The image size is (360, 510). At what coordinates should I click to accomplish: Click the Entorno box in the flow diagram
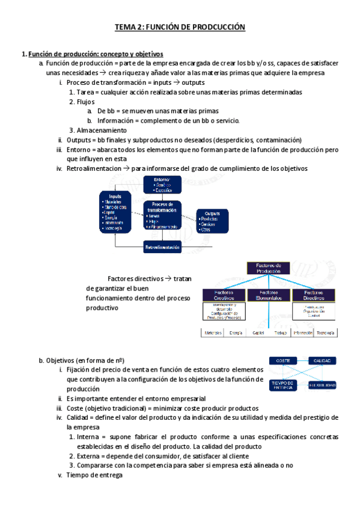pos(162,185)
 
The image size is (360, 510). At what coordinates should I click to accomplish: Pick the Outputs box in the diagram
pos(212,221)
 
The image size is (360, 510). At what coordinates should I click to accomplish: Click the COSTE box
pos(282,361)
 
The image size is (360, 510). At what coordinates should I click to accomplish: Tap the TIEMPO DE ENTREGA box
pos(282,385)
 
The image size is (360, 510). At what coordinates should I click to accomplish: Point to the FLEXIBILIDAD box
pos(322,385)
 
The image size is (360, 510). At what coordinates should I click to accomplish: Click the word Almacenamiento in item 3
pos(102,130)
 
